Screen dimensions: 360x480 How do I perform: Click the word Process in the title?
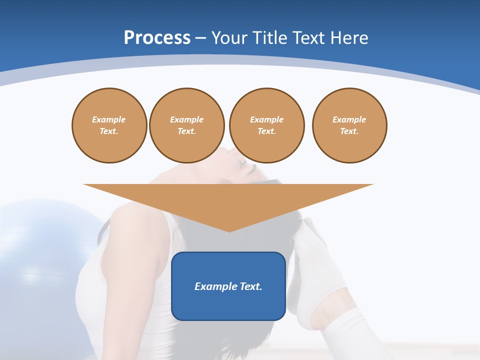tap(157, 38)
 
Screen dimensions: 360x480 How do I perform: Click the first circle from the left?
tap(109, 125)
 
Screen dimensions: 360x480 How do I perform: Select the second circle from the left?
tap(186, 125)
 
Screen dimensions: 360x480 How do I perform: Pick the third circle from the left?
tap(266, 125)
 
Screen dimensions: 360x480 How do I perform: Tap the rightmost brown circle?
tap(349, 125)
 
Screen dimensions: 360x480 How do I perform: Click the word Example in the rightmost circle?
tap(349, 119)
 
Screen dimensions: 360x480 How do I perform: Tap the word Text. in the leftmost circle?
tap(109, 131)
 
